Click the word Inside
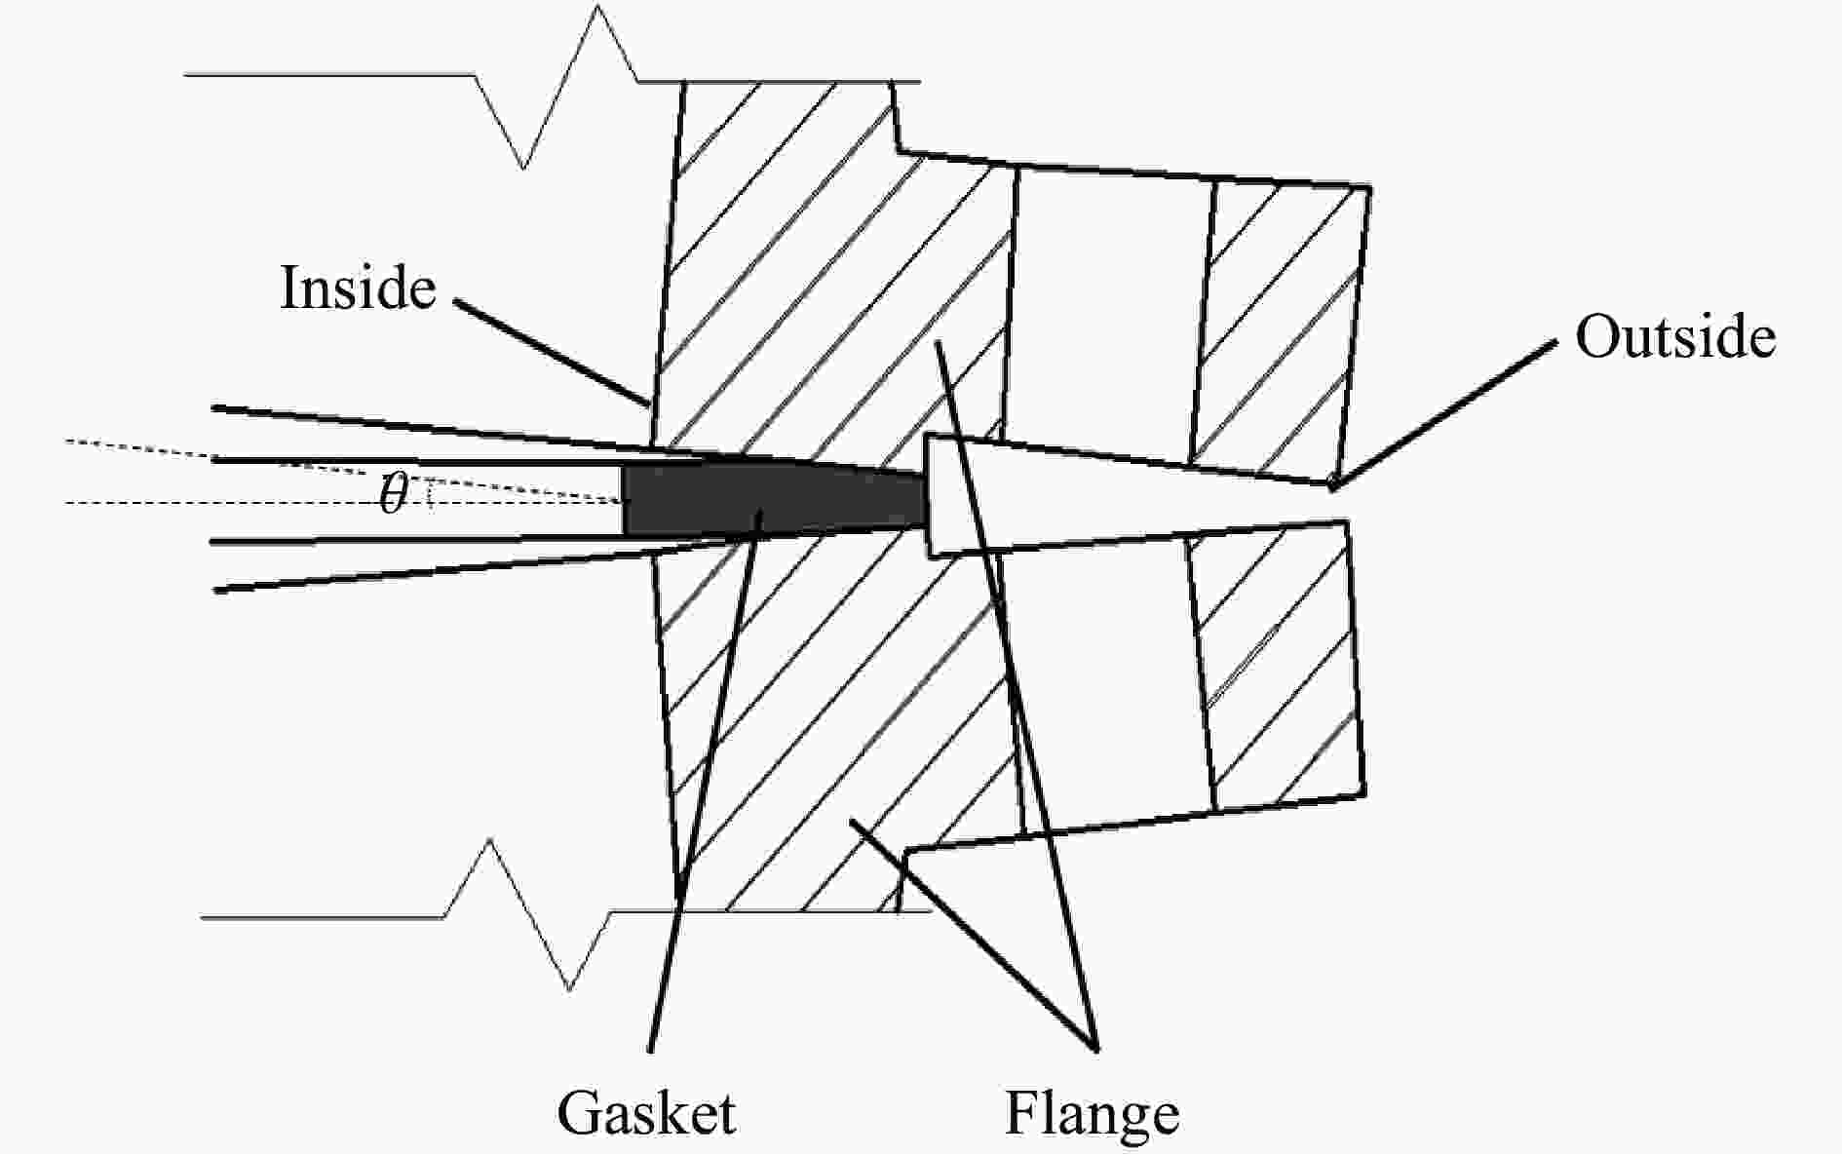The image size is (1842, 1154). coord(358,288)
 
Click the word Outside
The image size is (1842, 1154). coord(1675,337)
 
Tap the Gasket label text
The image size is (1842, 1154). coord(646,1113)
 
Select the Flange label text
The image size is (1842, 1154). coord(1092,1113)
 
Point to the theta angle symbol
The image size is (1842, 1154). coord(393,494)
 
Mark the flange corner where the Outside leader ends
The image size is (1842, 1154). coord(1332,481)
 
